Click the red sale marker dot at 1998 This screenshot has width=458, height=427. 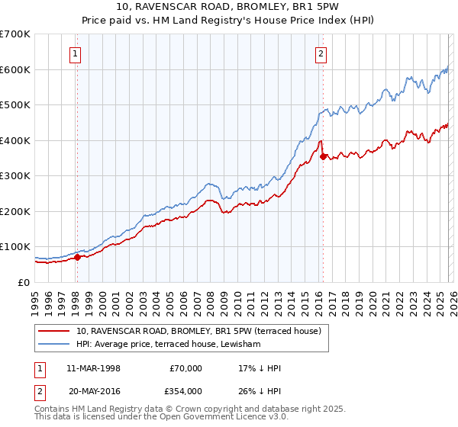tap(77, 257)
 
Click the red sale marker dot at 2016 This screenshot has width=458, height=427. tap(323, 157)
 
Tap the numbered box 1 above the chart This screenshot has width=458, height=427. tap(76, 53)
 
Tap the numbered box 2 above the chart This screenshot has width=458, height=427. tap(321, 53)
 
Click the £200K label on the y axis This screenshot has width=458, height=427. tap(15, 211)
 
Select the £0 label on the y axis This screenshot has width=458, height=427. tap(24, 282)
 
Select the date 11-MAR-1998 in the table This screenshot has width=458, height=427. tap(93, 368)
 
